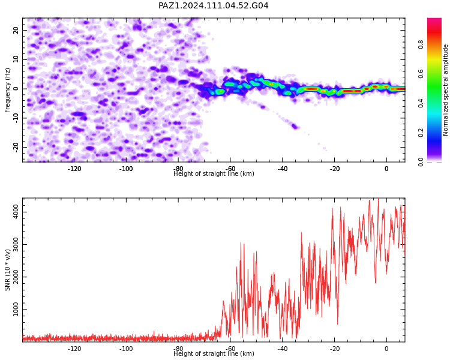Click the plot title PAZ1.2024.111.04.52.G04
[x=213, y=5]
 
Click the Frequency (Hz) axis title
[x=7, y=90]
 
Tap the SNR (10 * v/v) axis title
[x=7, y=270]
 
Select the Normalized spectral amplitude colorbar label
[x=445, y=90]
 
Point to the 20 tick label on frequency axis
[x=16, y=30]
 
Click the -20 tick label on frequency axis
[x=16, y=147]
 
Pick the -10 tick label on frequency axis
[x=16, y=118]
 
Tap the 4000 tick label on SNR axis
[x=16, y=212]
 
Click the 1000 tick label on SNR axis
[x=16, y=310]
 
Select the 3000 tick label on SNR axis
[x=16, y=245]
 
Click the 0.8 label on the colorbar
[x=421, y=44]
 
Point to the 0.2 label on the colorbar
[x=421, y=133]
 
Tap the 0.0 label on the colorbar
[x=421, y=162]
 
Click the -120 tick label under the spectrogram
[x=74, y=169]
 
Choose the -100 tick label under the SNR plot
[x=126, y=349]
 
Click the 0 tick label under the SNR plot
[x=386, y=349]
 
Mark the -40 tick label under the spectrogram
[x=283, y=169]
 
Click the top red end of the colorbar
[x=434, y=19]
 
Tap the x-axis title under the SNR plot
[x=214, y=353]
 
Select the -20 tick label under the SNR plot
[x=334, y=349]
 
